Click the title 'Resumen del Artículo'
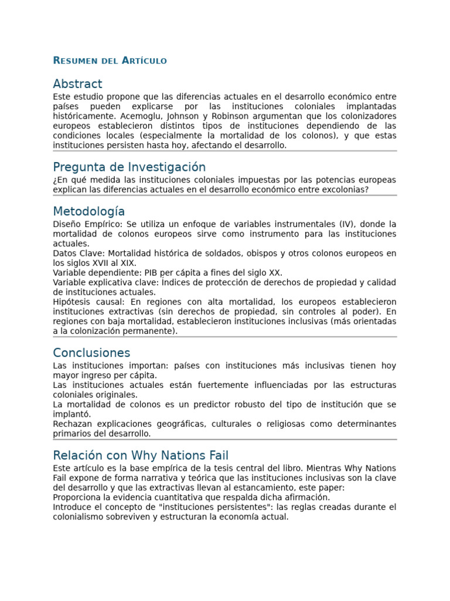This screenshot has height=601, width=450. [110, 60]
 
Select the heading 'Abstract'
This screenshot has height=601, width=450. [77, 84]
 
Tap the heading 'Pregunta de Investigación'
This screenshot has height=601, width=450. [129, 167]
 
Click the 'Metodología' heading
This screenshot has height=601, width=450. [88, 211]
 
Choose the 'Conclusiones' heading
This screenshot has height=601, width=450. [91, 353]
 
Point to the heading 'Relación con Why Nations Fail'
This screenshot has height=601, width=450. [141, 455]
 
